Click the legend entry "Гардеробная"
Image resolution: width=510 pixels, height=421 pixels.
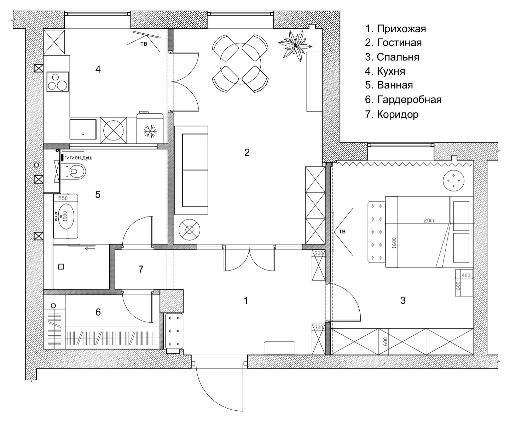click(x=404, y=99)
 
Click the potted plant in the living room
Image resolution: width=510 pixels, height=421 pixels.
click(x=295, y=45)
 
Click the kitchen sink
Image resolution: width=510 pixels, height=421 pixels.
click(x=83, y=129)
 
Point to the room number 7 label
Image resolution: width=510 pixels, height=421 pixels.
click(x=141, y=269)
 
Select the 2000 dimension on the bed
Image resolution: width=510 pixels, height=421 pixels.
click(x=429, y=220)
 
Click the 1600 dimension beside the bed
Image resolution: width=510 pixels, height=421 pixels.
click(x=394, y=243)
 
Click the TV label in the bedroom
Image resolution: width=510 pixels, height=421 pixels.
click(x=342, y=232)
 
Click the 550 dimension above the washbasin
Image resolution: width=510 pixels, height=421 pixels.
click(x=63, y=198)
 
